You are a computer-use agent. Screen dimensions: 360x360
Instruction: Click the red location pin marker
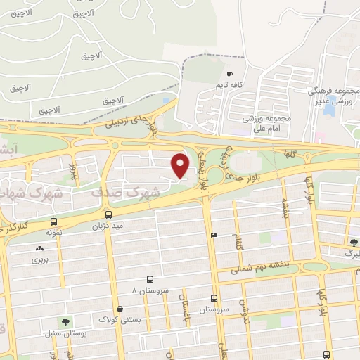click(x=181, y=165)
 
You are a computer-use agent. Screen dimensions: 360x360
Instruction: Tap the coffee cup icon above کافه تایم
click(x=229, y=74)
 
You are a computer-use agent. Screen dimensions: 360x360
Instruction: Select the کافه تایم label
click(x=229, y=85)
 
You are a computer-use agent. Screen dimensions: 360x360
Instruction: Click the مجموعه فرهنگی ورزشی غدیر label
click(x=330, y=96)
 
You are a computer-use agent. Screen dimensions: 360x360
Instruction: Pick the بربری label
click(x=38, y=259)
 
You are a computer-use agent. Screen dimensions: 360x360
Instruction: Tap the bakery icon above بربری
click(x=38, y=247)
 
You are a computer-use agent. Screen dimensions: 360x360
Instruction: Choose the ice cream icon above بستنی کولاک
click(x=120, y=308)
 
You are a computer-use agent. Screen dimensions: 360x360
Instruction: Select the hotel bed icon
click(x=214, y=235)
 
